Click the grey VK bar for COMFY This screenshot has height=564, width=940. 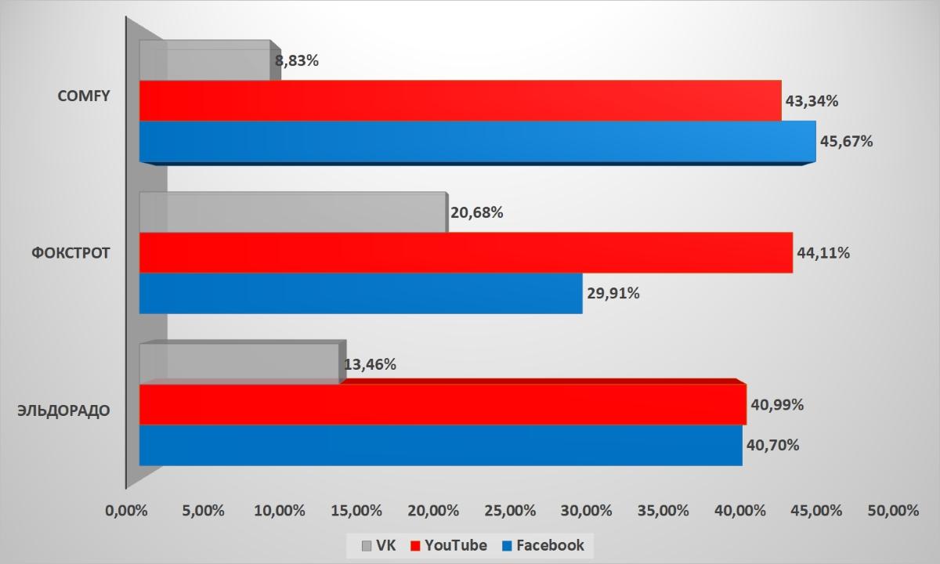pyautogui.click(x=205, y=60)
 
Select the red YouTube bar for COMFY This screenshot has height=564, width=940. pyautogui.click(x=460, y=100)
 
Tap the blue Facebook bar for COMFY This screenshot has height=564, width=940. pyautogui.click(x=477, y=141)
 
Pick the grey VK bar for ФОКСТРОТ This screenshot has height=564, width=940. pyautogui.click(x=292, y=212)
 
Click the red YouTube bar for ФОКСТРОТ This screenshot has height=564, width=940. pyautogui.click(x=465, y=252)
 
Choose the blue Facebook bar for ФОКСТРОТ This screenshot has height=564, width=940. pyautogui.click(x=360, y=293)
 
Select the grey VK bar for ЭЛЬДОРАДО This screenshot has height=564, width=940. pyautogui.click(x=240, y=363)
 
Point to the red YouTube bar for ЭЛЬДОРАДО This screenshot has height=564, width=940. pyautogui.click(x=443, y=404)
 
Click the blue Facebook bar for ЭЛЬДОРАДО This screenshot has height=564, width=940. pyautogui.click(x=440, y=445)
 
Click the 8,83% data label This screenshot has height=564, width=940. pyautogui.click(x=297, y=60)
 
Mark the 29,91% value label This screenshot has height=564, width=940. pyautogui.click(x=613, y=294)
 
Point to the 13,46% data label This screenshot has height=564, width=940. pyautogui.click(x=370, y=364)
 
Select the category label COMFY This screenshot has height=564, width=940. pyautogui.click(x=84, y=96)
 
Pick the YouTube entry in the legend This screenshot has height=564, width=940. pyautogui.click(x=450, y=545)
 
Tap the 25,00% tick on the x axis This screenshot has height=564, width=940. pyautogui.click(x=509, y=511)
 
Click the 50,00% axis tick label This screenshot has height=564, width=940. pyautogui.click(x=893, y=511)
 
